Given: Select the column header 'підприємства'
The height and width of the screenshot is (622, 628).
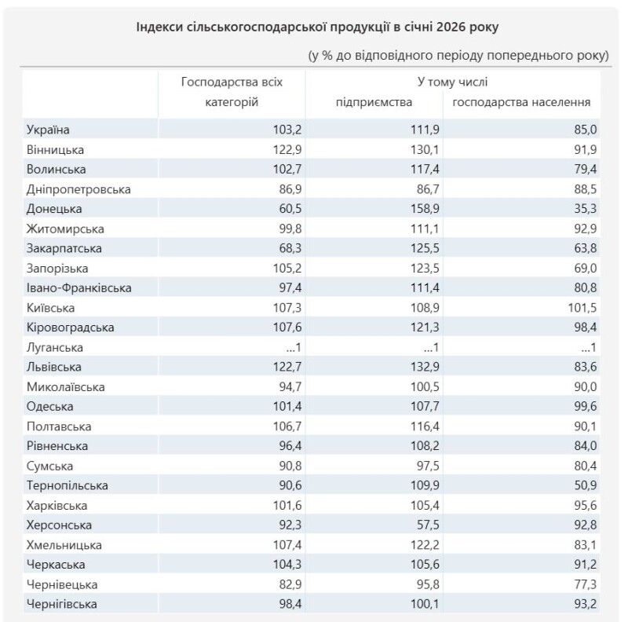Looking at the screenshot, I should coord(373,102).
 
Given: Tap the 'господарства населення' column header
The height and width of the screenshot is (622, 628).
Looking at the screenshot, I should coord(522,102).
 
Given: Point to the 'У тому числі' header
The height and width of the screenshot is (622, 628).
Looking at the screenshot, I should coord(452,82).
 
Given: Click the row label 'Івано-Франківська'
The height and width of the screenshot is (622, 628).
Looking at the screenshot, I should coord(78,288).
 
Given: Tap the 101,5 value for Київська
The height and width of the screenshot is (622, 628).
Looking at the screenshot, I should coord(580,308).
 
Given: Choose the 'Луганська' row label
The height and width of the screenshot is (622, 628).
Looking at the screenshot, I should coord(55,347).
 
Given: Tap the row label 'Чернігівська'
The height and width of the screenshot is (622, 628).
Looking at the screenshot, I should coord(62,604).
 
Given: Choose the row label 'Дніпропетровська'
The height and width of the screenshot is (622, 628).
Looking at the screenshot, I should coord(78,189).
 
